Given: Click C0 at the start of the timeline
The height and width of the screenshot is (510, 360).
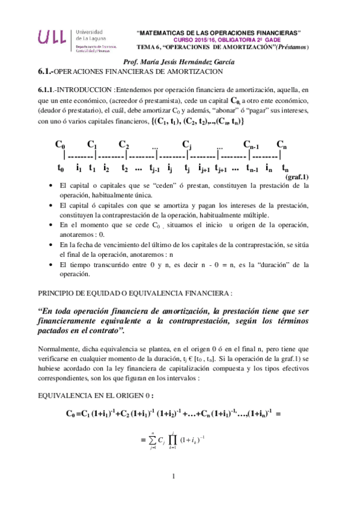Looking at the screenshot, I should click(60, 144).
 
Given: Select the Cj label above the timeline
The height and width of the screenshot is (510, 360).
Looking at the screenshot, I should click(186, 144).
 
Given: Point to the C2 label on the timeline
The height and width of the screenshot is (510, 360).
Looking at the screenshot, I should click(124, 144).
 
